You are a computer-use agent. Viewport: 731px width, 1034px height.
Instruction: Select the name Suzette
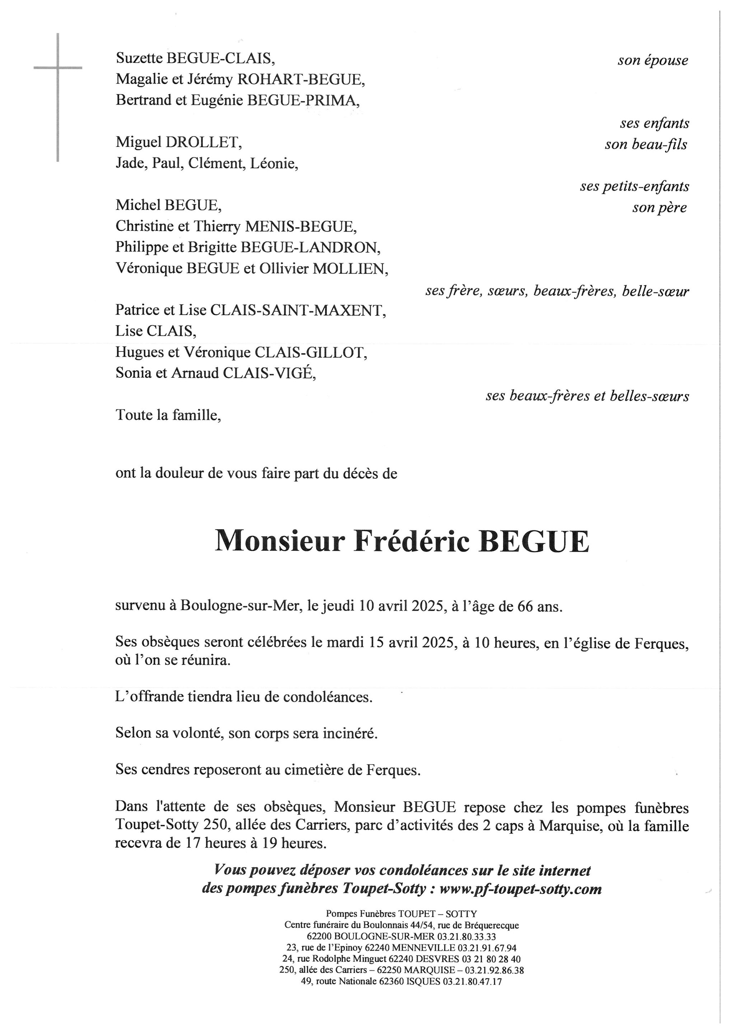(x=140, y=58)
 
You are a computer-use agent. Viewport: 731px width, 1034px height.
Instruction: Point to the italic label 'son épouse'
(x=653, y=60)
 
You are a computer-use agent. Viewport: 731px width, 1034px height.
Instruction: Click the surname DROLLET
(x=204, y=142)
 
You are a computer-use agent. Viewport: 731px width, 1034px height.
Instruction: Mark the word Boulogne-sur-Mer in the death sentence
(x=240, y=606)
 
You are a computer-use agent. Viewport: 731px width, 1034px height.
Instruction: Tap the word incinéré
(x=350, y=733)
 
